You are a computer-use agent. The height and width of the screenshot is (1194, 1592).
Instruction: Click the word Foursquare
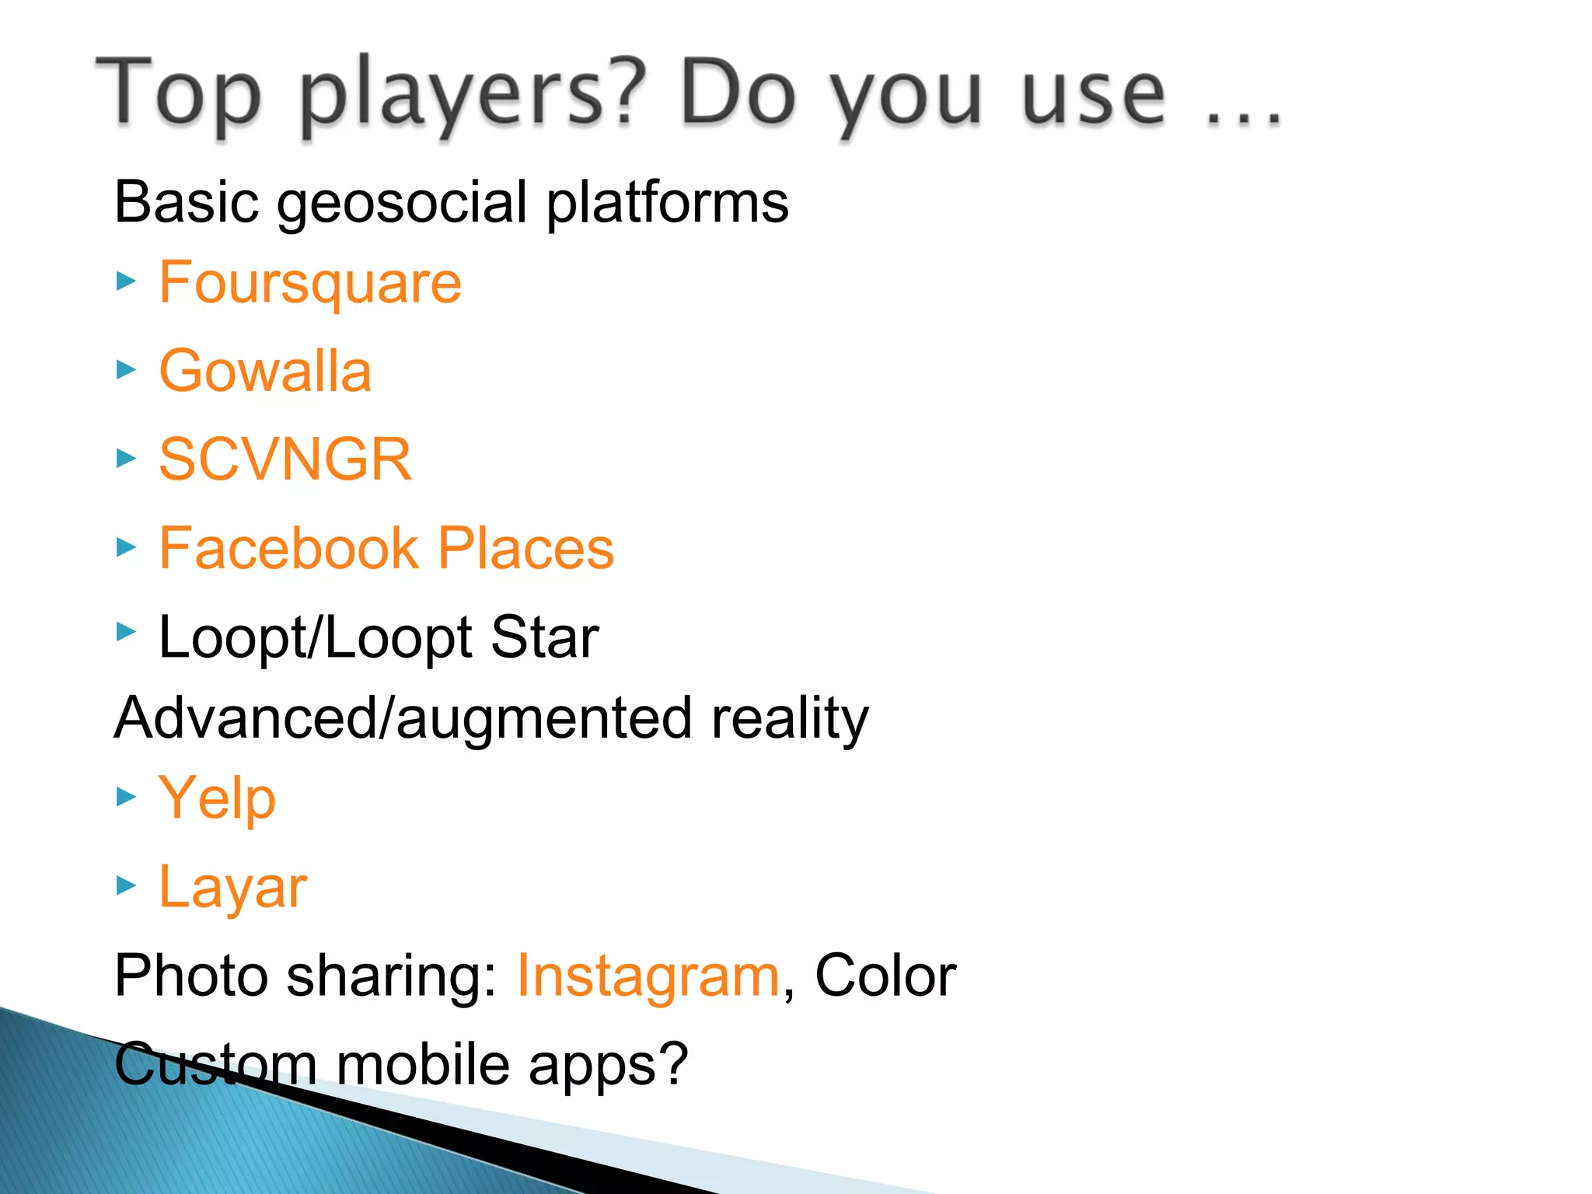[309, 283]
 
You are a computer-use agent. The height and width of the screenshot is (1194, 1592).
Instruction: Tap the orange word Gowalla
[265, 371]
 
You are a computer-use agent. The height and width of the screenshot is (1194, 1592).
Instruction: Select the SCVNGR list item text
[285, 459]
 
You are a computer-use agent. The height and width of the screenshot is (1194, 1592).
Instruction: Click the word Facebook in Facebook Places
[288, 548]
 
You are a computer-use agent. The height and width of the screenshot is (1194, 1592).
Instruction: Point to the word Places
[525, 548]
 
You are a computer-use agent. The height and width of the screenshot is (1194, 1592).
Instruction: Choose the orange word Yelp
[217, 798]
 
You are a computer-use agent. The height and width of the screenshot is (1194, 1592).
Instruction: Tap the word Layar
[232, 887]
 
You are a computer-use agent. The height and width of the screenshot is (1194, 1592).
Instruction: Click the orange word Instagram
[648, 976]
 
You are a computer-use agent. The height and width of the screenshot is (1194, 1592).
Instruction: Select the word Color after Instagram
[885, 976]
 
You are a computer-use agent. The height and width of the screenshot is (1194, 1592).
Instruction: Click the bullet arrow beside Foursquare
[126, 281]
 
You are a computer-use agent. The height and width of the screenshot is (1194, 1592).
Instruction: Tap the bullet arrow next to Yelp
[126, 797]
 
